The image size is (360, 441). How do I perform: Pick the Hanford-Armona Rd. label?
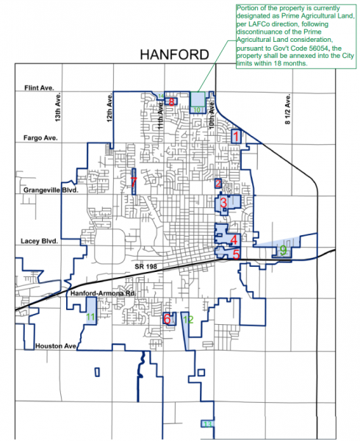click(94, 293)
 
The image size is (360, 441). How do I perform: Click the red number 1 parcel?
click(236, 136)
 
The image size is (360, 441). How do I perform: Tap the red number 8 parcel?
click(172, 102)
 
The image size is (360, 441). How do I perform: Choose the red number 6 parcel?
click(168, 319)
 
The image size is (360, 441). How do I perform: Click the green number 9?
click(283, 251)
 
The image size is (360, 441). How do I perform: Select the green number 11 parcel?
click(90, 317)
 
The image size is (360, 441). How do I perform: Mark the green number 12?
click(188, 320)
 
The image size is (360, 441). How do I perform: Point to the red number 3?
click(223, 203)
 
